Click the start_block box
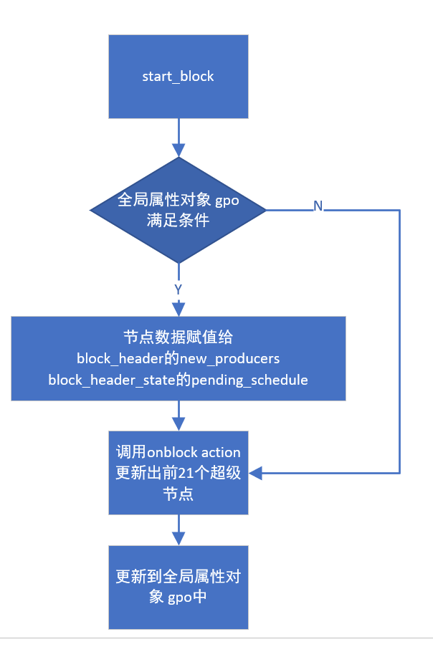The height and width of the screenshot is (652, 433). [x=178, y=77]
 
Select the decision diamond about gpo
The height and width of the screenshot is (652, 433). [x=178, y=210]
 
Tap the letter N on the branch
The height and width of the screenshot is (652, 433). [x=318, y=206]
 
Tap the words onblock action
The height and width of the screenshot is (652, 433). [x=194, y=452]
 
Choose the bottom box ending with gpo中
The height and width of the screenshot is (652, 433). [x=178, y=587]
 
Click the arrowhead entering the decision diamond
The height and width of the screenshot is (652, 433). [x=178, y=151]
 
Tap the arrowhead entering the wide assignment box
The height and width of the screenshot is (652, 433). [x=178, y=310]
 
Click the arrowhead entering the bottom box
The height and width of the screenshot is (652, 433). [x=178, y=539]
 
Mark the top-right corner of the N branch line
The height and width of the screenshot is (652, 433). [x=399, y=210]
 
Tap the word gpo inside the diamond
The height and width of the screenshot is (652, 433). [x=227, y=201]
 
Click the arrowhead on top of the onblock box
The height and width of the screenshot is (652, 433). [x=178, y=424]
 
